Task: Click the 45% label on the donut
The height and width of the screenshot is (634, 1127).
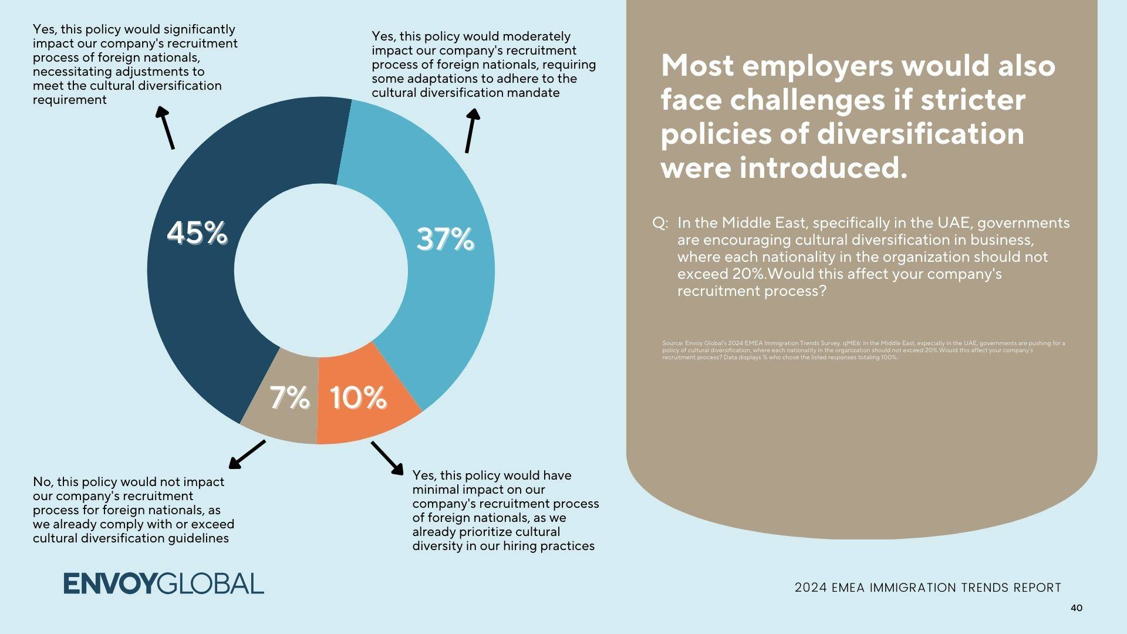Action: pos(197,233)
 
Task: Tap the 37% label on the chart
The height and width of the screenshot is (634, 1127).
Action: pos(445,240)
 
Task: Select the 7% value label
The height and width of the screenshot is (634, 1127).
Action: pos(289,397)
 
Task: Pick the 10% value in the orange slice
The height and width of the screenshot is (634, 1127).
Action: pos(358,397)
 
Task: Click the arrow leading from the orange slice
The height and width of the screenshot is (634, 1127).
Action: pos(387,458)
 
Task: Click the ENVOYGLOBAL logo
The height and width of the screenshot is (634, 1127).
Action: pos(164,584)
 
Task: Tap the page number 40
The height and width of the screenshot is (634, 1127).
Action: pos(1076,608)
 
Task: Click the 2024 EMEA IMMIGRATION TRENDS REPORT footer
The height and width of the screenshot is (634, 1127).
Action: pos(927,588)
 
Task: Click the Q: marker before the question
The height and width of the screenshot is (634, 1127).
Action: pos(660,224)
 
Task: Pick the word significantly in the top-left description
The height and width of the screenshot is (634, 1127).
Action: pos(199,29)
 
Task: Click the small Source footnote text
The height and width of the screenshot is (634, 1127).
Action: pos(863,350)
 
